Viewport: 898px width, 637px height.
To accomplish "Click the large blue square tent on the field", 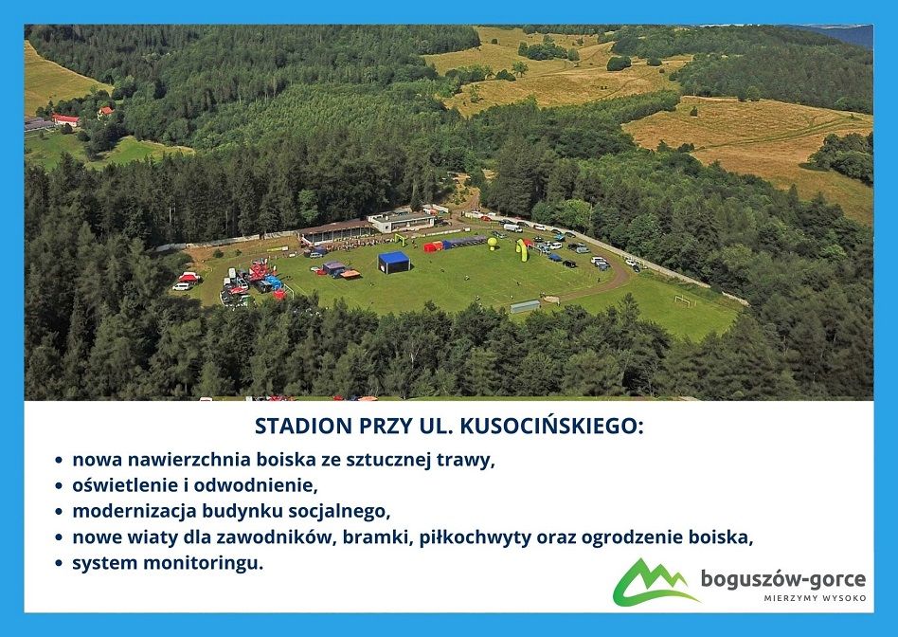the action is [394, 262].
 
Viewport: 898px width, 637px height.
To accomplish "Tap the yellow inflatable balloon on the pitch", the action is [492, 243].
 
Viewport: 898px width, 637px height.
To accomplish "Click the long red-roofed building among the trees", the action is [65, 119].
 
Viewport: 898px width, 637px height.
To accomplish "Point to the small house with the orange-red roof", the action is [105, 111].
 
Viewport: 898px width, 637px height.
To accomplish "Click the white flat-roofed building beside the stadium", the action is [401, 221].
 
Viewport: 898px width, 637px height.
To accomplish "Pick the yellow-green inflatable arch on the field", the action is [522, 250].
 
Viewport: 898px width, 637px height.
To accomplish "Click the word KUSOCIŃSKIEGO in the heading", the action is [552, 426].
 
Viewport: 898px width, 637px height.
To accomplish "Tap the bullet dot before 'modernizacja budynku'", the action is [58, 511].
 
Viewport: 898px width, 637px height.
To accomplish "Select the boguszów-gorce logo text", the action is [783, 579].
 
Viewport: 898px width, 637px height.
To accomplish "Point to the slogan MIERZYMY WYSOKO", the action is [815, 598].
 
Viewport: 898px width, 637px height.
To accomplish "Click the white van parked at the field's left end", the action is [182, 286].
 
